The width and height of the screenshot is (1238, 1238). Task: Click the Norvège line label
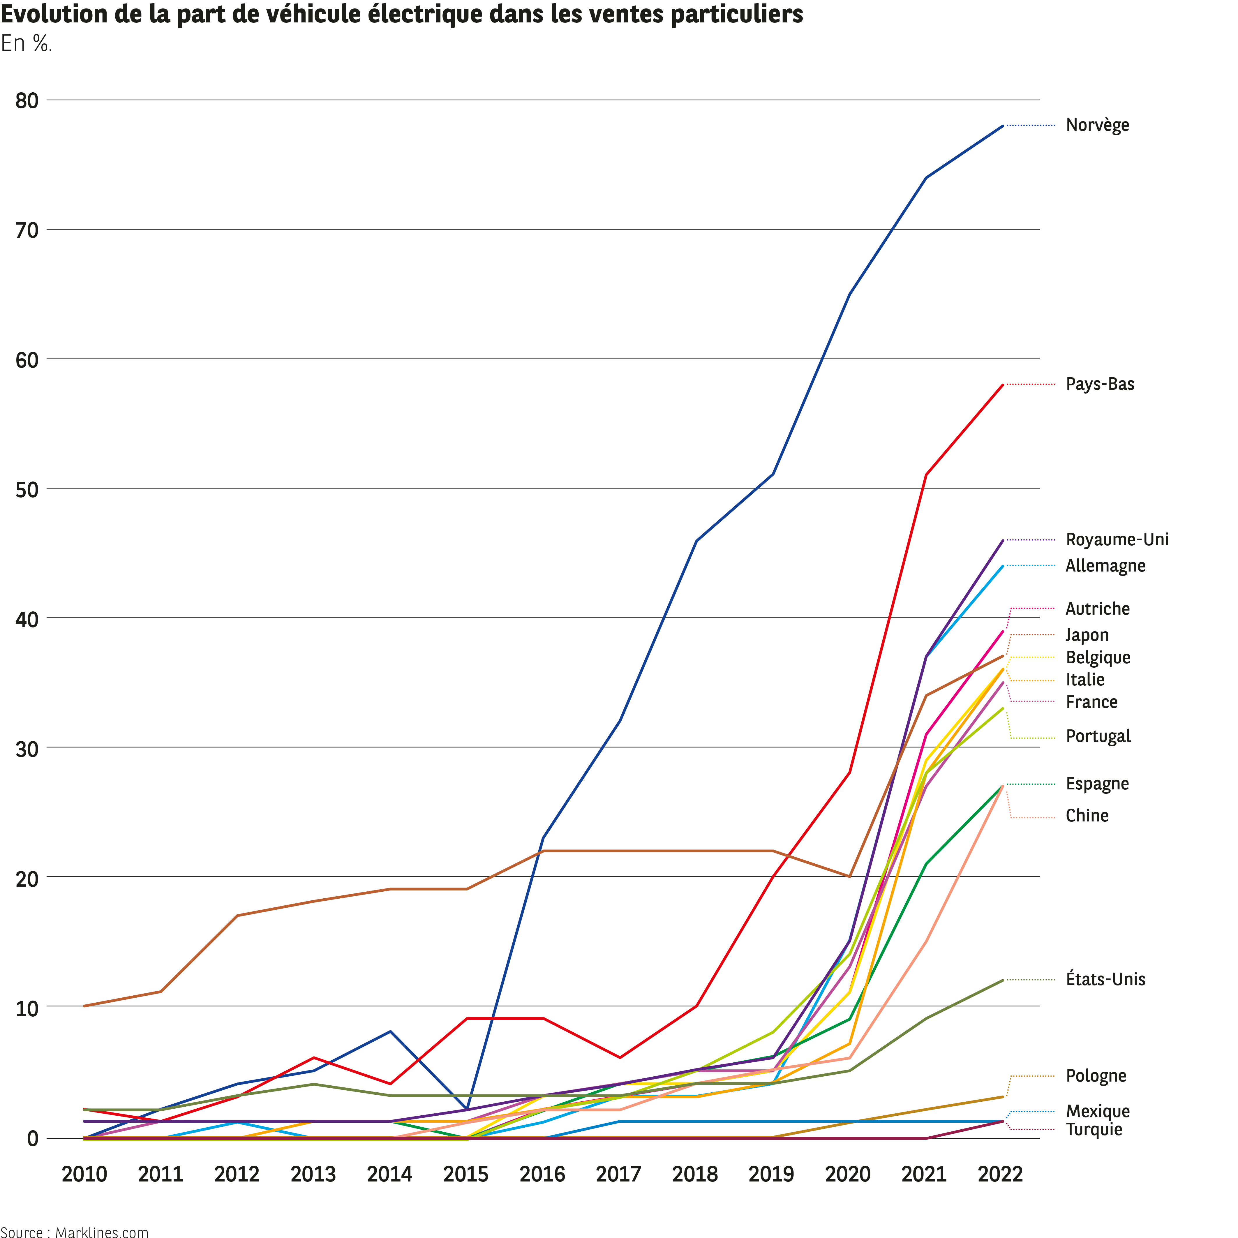(1097, 125)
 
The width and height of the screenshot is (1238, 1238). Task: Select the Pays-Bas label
(1100, 384)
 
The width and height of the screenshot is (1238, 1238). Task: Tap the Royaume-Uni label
(1117, 539)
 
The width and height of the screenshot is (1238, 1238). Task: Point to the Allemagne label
(1105, 566)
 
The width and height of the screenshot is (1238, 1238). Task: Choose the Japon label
(1087, 635)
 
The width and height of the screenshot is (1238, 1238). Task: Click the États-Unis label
(1105, 979)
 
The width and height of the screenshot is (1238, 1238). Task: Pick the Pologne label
(1096, 1076)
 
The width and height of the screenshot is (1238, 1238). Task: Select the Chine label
(1087, 816)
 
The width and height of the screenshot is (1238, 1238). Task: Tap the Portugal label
(1098, 736)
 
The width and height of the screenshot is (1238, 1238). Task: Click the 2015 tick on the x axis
(466, 1174)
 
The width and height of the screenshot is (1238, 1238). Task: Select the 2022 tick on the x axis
(1000, 1174)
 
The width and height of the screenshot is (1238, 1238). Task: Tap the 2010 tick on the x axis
(84, 1174)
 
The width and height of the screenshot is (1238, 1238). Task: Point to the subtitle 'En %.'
(26, 44)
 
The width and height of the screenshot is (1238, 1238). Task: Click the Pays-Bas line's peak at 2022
(1003, 385)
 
